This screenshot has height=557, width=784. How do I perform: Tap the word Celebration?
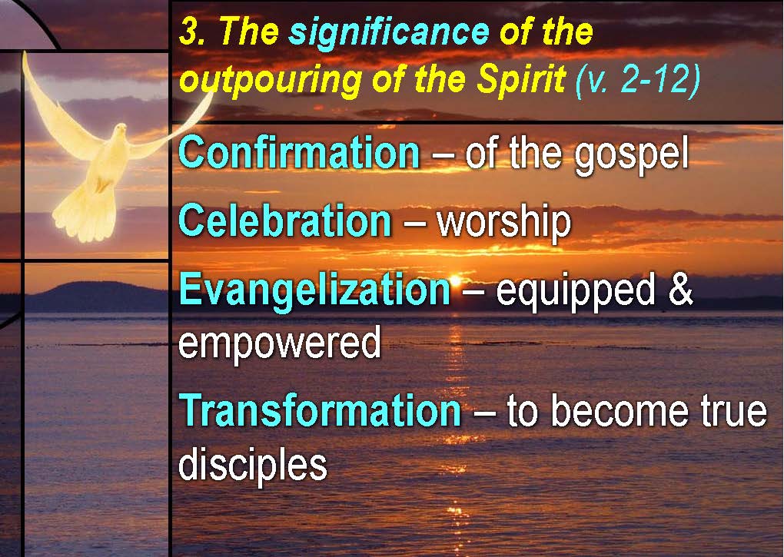[x=285, y=220]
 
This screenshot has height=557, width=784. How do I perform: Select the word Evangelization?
[x=314, y=290]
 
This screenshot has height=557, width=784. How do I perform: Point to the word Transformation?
[x=320, y=410]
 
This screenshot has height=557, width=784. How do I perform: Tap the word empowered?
[x=280, y=343]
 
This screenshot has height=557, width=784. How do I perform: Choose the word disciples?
[x=253, y=464]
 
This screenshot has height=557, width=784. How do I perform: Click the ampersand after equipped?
[x=681, y=290]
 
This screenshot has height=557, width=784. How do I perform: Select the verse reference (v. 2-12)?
[x=637, y=79]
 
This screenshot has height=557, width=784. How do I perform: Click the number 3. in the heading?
[x=192, y=32]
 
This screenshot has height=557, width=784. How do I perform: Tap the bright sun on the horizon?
[x=455, y=280]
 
